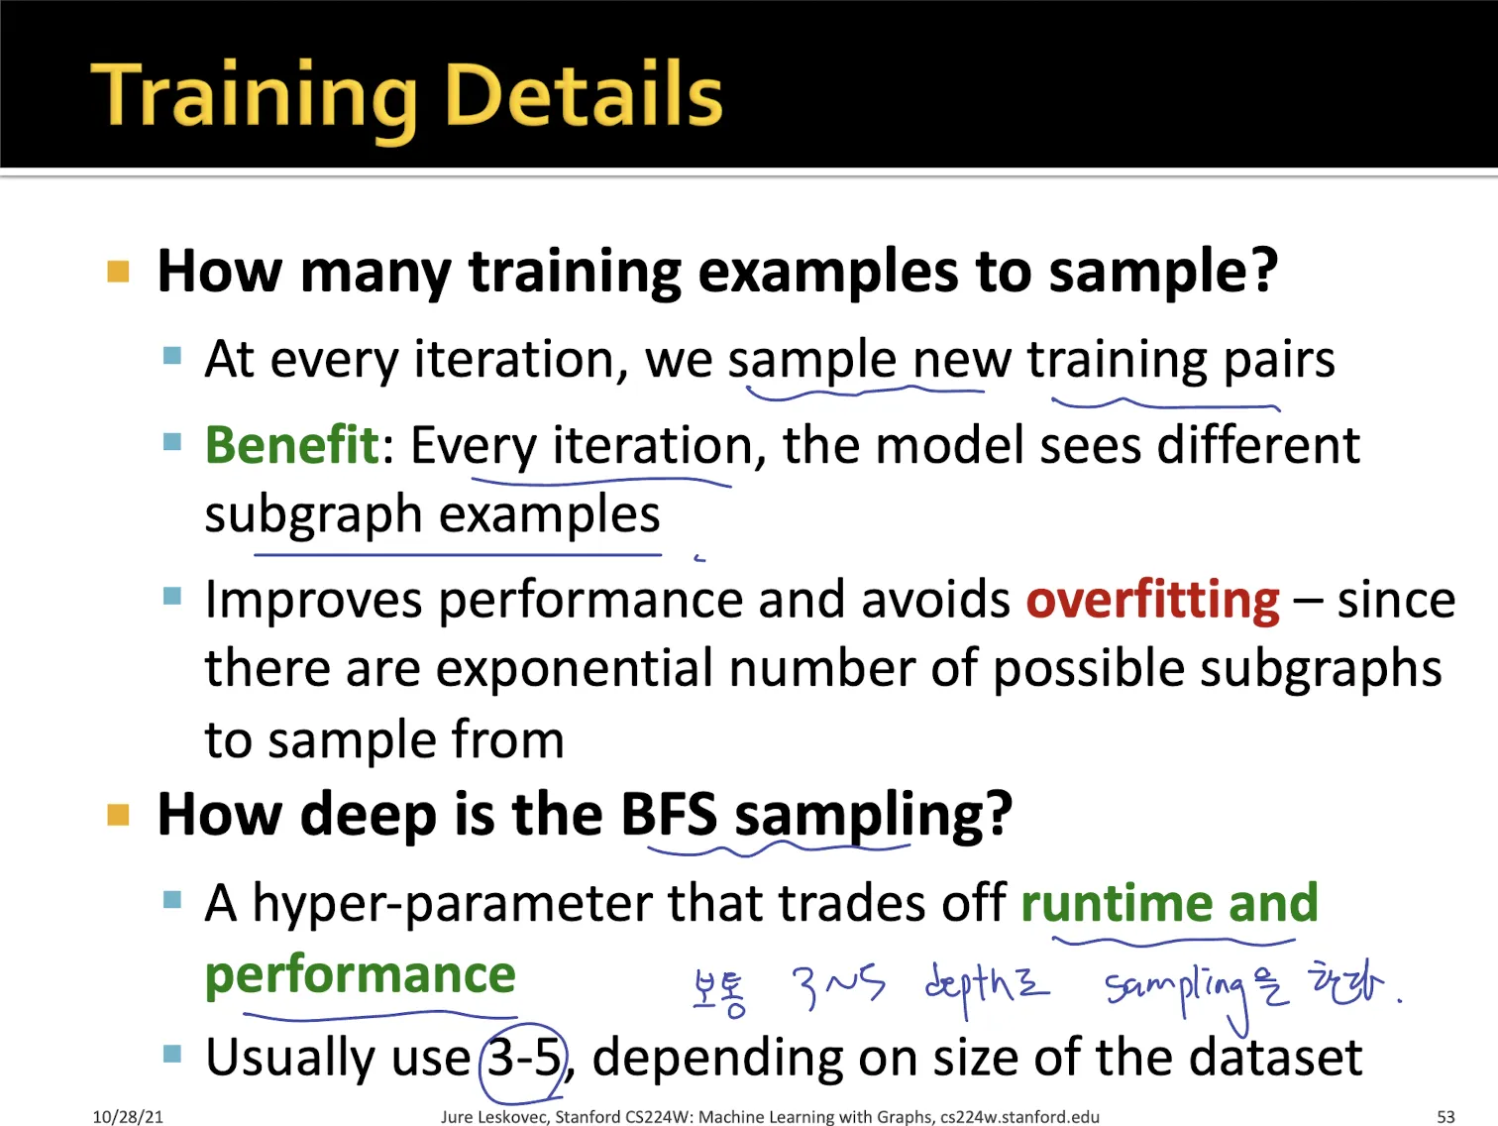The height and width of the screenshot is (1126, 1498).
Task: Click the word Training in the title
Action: click(254, 98)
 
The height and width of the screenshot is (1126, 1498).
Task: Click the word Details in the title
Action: click(586, 93)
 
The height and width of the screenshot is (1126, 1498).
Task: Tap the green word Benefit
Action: click(292, 445)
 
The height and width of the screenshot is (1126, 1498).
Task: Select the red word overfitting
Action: click(1152, 601)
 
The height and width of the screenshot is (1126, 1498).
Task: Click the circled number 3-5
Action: click(524, 1058)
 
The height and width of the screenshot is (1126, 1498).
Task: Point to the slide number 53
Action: click(1445, 1116)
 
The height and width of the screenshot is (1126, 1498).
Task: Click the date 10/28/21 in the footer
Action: click(128, 1116)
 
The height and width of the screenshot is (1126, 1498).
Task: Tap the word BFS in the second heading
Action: click(669, 814)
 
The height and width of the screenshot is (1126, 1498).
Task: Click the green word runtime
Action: click(1117, 903)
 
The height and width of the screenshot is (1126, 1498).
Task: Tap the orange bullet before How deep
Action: click(118, 815)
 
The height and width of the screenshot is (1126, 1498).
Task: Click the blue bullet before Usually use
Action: click(172, 1055)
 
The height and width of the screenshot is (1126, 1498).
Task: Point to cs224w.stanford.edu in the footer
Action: click(1019, 1117)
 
